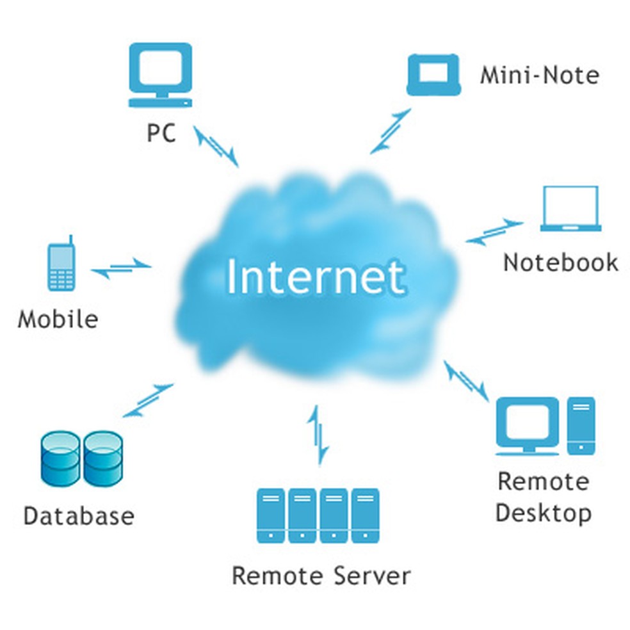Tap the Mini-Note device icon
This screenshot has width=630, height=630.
(x=433, y=74)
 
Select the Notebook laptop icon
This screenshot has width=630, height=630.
(x=570, y=208)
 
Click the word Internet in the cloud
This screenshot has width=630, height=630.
(x=315, y=277)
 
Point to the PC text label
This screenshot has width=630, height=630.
(x=161, y=133)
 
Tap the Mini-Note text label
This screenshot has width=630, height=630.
(x=539, y=75)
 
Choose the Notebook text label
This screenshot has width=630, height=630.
(x=560, y=262)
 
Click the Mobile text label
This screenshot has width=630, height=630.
(x=58, y=318)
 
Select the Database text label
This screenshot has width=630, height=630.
(x=79, y=515)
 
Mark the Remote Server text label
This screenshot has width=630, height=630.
(x=320, y=575)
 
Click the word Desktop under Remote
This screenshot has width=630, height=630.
(x=543, y=513)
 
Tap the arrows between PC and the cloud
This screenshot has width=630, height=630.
(x=216, y=145)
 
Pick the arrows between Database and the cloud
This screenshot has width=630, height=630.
(x=147, y=400)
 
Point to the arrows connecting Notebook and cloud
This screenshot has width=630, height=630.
(x=494, y=231)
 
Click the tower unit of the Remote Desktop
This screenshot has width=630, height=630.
(x=581, y=425)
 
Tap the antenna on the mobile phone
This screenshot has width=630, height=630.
(x=70, y=242)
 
